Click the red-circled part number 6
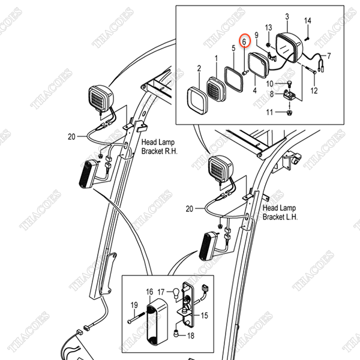pos(244,41)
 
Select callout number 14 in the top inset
pos(308,22)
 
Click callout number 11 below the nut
pos(269,112)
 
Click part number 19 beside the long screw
pos(134,305)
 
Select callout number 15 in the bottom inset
pos(203,314)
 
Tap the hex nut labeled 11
pos(288,112)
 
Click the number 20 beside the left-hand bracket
pos(190,209)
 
